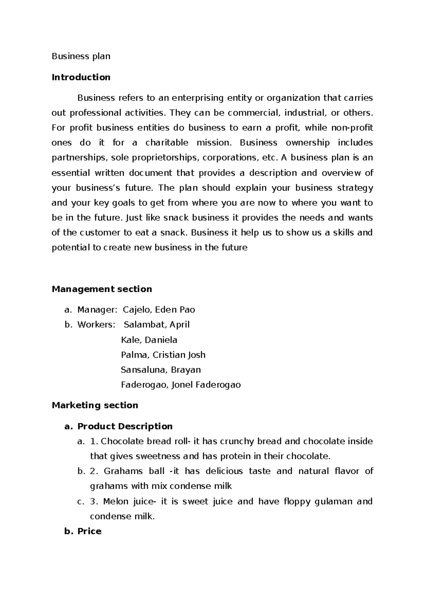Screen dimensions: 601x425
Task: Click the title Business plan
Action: [x=81, y=56]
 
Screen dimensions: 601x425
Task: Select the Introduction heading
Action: [x=81, y=77]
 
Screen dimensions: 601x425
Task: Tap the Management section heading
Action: [x=102, y=289]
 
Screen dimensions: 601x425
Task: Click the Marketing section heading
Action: [x=95, y=405]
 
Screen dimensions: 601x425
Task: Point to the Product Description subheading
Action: [x=125, y=426]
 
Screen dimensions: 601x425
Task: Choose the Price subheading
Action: [x=90, y=531]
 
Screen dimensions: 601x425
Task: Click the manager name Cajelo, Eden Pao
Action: [x=159, y=310]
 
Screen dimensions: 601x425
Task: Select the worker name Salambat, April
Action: [x=157, y=325]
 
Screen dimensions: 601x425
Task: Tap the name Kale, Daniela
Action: [x=149, y=340]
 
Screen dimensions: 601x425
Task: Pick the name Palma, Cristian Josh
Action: [x=163, y=355]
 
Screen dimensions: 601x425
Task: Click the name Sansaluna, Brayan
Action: [x=161, y=370]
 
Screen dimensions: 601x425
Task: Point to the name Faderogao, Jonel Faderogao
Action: [x=181, y=385]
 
